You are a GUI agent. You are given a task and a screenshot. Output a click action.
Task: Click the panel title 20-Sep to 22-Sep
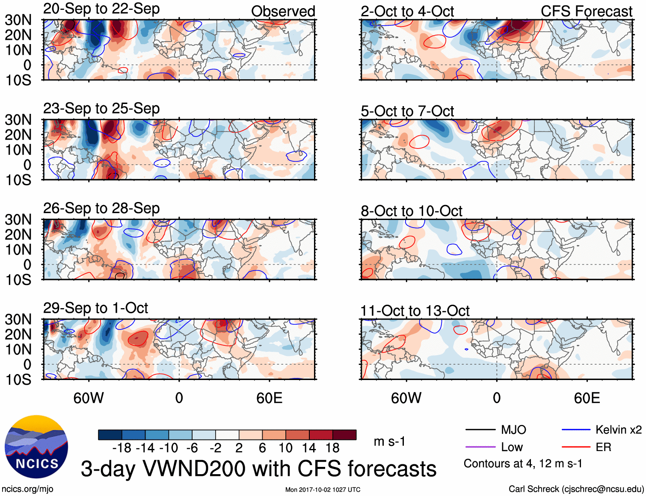101,9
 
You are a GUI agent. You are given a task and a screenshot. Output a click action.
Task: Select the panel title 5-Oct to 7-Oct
407,111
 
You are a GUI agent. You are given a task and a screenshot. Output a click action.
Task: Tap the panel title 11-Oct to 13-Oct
415,311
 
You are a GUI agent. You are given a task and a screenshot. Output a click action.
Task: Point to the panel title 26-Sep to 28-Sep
101,208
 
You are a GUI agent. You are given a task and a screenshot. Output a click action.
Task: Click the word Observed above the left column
283,12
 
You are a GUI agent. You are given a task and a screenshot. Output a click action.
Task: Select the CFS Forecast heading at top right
586,12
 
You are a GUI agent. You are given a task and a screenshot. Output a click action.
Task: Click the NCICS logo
36,447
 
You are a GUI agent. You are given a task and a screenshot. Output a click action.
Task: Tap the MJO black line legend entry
496,430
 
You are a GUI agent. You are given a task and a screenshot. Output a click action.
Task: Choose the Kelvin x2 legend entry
602,430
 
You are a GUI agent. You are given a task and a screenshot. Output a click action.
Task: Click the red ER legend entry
587,447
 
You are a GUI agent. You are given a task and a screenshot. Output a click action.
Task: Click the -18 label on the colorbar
121,448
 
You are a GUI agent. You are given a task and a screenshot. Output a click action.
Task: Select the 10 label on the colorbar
285,448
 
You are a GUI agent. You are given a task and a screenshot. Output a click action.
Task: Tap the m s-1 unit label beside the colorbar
389,441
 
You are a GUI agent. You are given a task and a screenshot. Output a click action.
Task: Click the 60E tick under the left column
269,398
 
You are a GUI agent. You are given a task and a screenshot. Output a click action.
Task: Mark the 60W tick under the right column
406,398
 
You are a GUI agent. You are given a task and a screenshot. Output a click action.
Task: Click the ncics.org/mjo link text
27,489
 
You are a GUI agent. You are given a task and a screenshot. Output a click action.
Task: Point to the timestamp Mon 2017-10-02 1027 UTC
323,490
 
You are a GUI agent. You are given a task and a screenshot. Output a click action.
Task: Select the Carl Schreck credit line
576,489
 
